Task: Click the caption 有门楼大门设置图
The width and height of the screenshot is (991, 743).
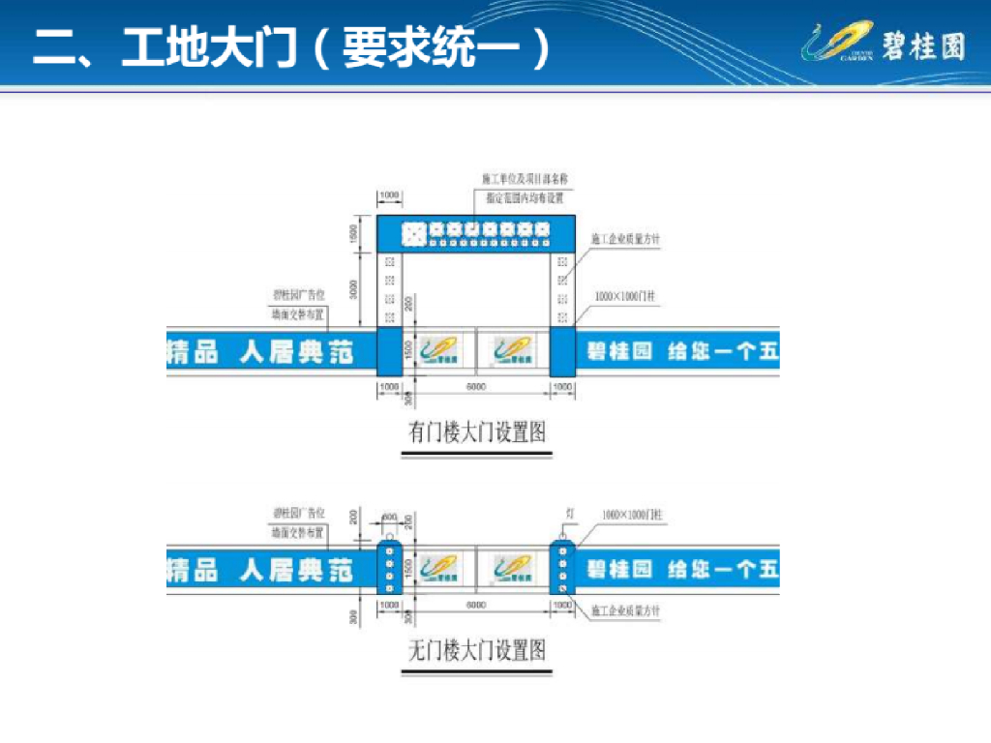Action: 477,431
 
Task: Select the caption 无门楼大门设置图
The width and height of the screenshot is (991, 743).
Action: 477,650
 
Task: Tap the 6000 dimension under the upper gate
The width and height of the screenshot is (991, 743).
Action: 476,387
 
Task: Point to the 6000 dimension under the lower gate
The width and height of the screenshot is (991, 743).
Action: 476,605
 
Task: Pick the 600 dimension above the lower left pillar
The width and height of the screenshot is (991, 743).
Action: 389,517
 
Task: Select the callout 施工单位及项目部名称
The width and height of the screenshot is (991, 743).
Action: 524,180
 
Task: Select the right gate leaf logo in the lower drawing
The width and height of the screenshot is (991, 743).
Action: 512,569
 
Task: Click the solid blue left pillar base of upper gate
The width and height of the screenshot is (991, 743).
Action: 389,351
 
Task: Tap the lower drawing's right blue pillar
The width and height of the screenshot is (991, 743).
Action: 562,568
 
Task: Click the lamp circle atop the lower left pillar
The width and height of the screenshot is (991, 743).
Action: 389,536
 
